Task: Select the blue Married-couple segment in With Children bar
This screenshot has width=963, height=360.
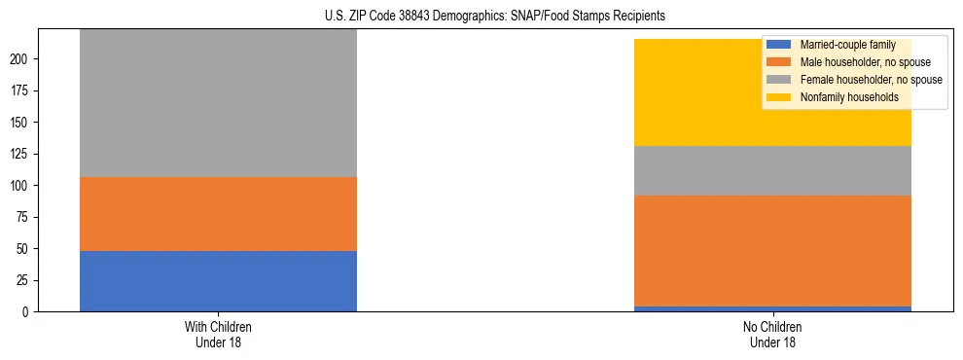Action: pyautogui.click(x=218, y=281)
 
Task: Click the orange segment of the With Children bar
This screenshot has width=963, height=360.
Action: pyautogui.click(x=218, y=214)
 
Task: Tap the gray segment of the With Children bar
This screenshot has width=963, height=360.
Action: pyautogui.click(x=218, y=103)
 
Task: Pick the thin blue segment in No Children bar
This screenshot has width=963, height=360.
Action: pyautogui.click(x=772, y=308)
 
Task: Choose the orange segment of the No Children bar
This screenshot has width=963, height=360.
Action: pyautogui.click(x=772, y=251)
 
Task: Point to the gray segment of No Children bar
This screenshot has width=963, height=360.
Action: pyautogui.click(x=772, y=170)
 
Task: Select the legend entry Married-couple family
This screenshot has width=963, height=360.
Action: pyautogui.click(x=847, y=45)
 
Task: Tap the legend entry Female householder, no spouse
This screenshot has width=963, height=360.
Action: pyautogui.click(x=869, y=80)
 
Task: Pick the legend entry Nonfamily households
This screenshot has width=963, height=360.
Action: pyautogui.click(x=848, y=97)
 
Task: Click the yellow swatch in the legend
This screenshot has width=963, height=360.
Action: pyautogui.click(x=779, y=97)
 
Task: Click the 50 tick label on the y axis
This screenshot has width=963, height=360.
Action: pyautogui.click(x=24, y=249)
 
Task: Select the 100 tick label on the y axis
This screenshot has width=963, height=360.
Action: pyautogui.click(x=21, y=186)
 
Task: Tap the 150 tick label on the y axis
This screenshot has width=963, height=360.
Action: pyautogui.click(x=21, y=123)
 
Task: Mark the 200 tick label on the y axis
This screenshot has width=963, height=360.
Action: pyautogui.click(x=21, y=59)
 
